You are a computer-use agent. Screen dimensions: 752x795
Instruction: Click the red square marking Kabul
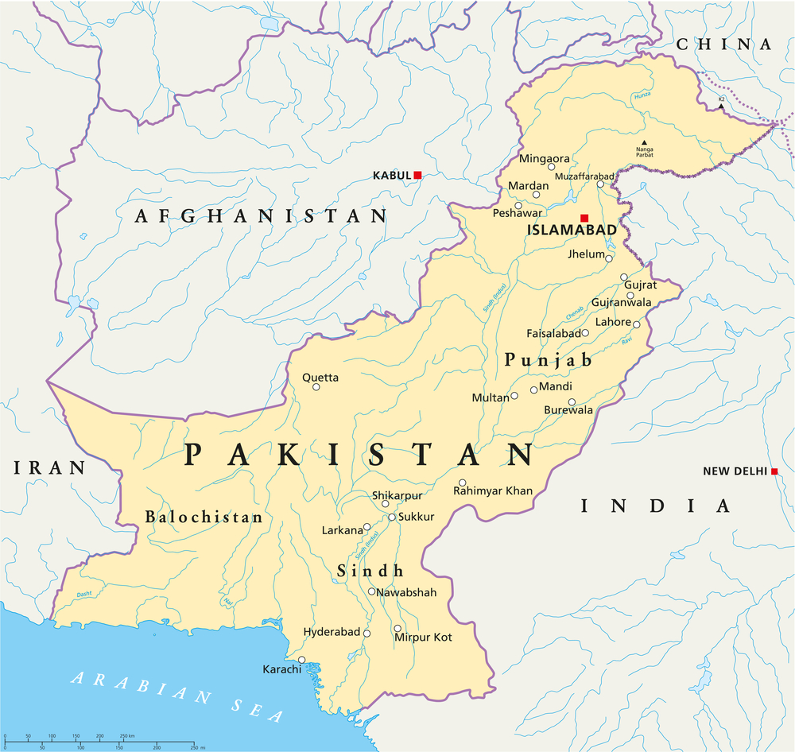click(417, 175)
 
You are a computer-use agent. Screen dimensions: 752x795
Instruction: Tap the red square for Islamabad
click(584, 218)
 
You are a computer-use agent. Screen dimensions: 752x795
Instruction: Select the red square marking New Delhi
click(774, 471)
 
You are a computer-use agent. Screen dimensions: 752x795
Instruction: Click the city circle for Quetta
click(316, 387)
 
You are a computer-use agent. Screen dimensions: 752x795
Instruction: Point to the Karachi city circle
click(301, 659)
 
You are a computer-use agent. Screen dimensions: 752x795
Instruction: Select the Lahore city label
click(614, 322)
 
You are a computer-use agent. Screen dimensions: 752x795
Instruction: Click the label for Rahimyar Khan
click(493, 491)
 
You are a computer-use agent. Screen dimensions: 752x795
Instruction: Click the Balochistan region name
click(204, 517)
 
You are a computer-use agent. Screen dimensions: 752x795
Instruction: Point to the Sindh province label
click(370, 571)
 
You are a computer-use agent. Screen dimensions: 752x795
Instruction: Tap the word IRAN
click(49, 467)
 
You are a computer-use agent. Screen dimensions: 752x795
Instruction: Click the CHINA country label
click(723, 45)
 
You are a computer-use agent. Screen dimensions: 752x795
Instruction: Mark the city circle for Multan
click(514, 395)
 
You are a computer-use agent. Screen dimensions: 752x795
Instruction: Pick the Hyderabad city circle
click(366, 633)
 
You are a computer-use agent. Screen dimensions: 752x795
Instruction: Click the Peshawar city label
click(517, 213)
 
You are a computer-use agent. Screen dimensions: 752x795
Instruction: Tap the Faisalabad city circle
click(585, 333)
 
